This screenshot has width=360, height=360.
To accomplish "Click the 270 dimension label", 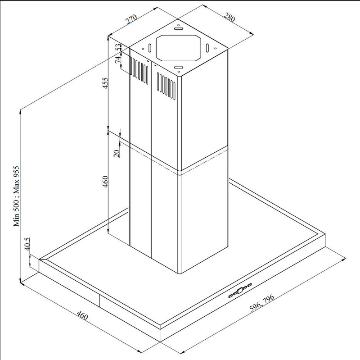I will click(130, 20).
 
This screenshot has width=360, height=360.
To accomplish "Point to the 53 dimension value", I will click(119, 47).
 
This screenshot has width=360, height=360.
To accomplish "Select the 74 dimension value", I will click(119, 60).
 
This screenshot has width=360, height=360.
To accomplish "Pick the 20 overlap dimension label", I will click(117, 153).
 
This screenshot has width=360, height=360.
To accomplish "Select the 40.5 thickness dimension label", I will click(27, 244).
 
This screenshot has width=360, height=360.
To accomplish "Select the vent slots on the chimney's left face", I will click(139, 70).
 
